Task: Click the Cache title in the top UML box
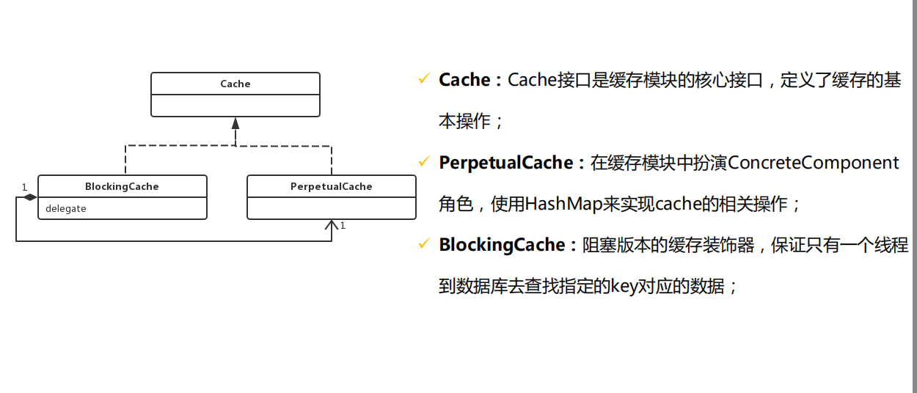235,84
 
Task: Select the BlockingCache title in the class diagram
122,186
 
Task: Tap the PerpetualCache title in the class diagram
332,186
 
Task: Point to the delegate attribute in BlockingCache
66,209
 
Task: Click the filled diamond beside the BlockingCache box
29,197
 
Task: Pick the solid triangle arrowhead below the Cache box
235,123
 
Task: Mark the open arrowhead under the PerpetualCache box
332,225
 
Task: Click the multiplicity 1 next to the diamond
23,187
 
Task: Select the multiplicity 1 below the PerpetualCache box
342,226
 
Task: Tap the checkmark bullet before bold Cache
423,78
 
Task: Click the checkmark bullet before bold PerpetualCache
423,161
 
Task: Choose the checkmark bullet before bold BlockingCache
423,243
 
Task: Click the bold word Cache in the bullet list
464,80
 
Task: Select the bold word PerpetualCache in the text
505,163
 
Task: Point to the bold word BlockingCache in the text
502,245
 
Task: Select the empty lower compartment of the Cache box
235,106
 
